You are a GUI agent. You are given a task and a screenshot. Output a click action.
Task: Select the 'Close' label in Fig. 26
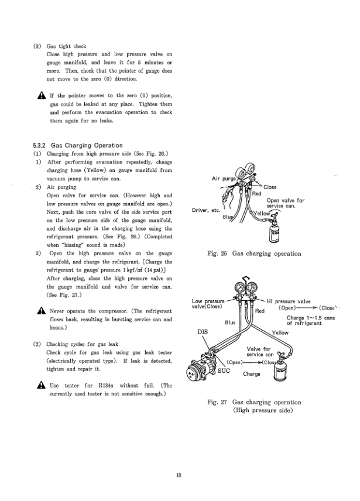[x=270, y=187]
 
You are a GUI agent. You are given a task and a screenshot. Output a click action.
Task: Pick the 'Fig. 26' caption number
[x=219, y=254]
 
